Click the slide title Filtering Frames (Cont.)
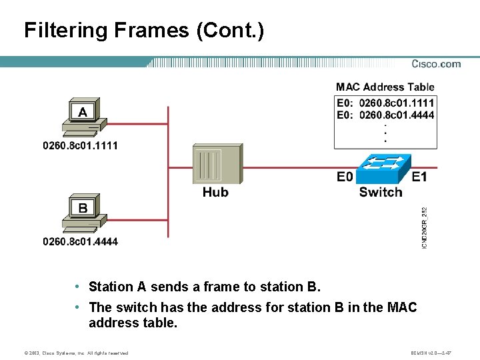click(x=143, y=31)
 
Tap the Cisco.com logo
click(x=436, y=64)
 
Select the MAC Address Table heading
click(x=385, y=87)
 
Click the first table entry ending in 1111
click(x=385, y=103)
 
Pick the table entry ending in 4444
click(x=385, y=115)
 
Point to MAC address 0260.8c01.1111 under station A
click(x=80, y=145)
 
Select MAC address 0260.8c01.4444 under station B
click(x=80, y=241)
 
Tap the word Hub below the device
click(x=215, y=193)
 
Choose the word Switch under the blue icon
click(x=381, y=193)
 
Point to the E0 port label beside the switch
click(x=345, y=177)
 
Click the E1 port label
click(x=419, y=177)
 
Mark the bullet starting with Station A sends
click(x=204, y=287)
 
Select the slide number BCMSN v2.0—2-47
click(x=431, y=353)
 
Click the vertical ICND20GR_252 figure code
click(x=425, y=227)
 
